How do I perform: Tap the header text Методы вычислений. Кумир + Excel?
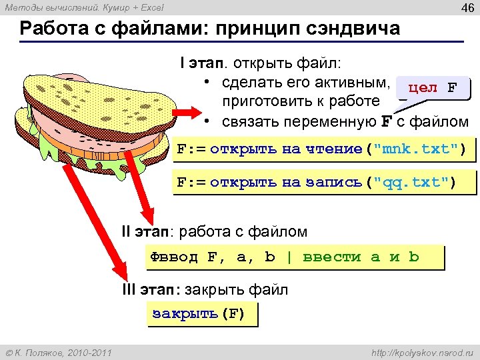(84, 8)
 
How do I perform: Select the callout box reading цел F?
(433, 88)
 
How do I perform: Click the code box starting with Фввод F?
(294, 257)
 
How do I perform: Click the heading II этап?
(145, 232)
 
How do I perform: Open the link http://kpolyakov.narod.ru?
(420, 351)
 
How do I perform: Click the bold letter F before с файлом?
(386, 122)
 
